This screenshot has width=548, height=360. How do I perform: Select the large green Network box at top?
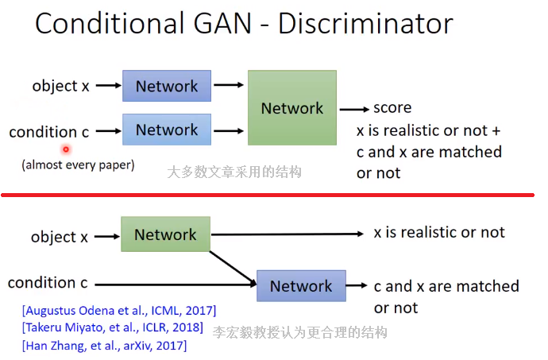point(291,108)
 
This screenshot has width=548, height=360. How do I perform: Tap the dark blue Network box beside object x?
point(166,86)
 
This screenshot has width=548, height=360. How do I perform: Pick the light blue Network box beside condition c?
point(166,130)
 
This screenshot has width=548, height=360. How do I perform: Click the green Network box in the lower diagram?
point(165,234)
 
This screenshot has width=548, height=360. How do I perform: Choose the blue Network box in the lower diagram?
point(301,286)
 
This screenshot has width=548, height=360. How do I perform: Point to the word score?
point(392,108)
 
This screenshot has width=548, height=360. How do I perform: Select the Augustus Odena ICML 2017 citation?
point(120,310)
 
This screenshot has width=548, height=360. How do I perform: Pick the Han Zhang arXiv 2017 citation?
point(106,345)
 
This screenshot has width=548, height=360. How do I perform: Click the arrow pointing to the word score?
point(354,109)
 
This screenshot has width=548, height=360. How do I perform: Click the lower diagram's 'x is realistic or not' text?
point(439,232)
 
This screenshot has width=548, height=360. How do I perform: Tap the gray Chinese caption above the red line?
point(234,171)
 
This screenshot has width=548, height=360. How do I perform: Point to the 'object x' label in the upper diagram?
point(60,86)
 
